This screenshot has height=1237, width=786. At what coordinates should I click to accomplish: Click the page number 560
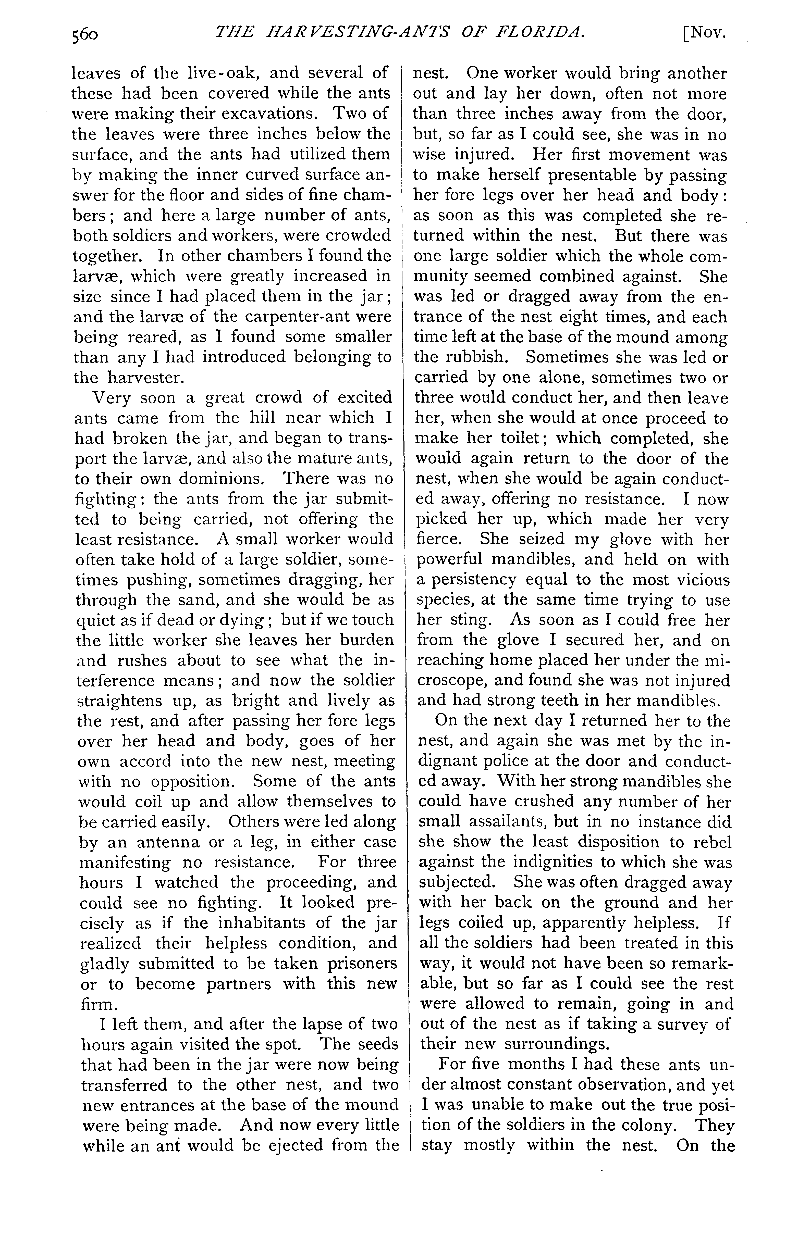pos(85,34)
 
